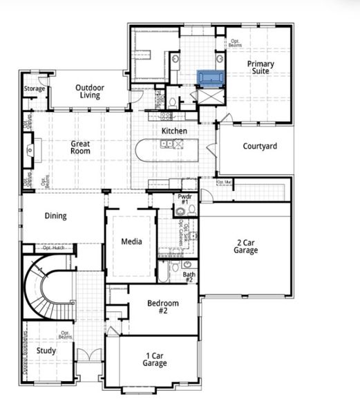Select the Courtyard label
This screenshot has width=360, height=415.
point(260,146)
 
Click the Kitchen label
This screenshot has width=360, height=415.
point(174,131)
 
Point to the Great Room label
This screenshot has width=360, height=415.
point(80,147)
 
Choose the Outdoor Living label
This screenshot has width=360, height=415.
point(90,91)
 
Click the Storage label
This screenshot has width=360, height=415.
point(35,89)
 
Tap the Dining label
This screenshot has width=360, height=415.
point(56,216)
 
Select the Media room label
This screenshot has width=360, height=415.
point(131,241)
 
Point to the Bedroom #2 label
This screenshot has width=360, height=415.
point(164,306)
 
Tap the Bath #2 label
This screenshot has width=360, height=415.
point(189,277)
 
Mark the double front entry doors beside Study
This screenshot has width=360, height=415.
point(88,356)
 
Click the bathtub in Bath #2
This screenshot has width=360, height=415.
point(164,270)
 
